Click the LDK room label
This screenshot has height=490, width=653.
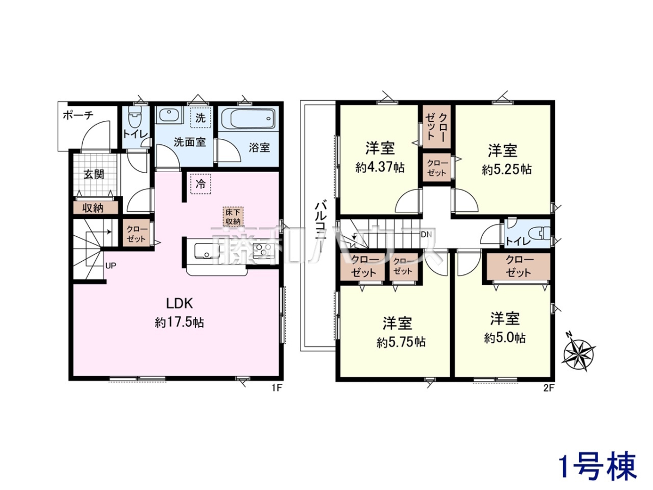pyautogui.click(x=179, y=304)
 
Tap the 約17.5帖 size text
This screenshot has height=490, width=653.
pyautogui.click(x=179, y=322)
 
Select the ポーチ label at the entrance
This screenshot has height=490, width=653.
pyautogui.click(x=78, y=115)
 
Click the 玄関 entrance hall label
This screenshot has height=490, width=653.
pyautogui.click(x=94, y=174)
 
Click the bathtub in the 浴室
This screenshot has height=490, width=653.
pyautogui.click(x=248, y=118)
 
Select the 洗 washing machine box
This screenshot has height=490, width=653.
pyautogui.click(x=200, y=118)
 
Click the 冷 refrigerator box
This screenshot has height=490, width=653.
pyautogui.click(x=200, y=184)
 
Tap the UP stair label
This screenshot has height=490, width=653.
pyautogui.click(x=110, y=266)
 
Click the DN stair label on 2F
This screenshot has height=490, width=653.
pyautogui.click(x=426, y=235)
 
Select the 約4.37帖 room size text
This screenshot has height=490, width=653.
pyautogui.click(x=380, y=168)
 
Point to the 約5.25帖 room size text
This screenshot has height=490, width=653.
pyautogui.click(x=507, y=169)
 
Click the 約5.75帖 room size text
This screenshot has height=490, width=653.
pyautogui.click(x=401, y=342)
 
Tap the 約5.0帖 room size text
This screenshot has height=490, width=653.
pyautogui.click(x=504, y=338)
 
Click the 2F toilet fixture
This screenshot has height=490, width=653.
pyautogui.click(x=543, y=233)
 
